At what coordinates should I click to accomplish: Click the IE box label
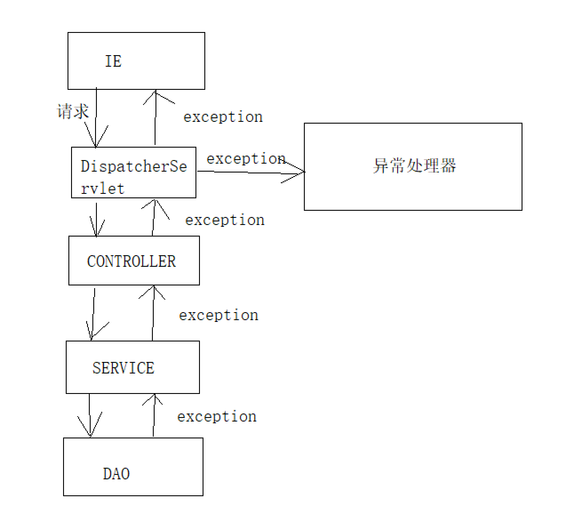pos(113,61)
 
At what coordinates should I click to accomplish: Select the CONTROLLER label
pos(132,261)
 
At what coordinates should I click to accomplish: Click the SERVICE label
pos(124,368)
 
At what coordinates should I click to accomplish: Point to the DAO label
pos(116,474)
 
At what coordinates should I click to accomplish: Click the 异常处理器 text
pos(415,166)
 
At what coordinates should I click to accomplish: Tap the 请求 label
pos(73,111)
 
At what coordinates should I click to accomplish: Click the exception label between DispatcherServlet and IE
pos(223,117)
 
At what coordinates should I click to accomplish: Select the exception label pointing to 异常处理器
pos(246,159)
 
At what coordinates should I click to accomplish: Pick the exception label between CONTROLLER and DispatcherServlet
pos(225,220)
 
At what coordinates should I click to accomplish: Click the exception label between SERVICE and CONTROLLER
pos(219,315)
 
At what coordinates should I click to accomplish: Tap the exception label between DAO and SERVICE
pos(217,417)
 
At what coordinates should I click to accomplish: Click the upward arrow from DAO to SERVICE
pos(154,415)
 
